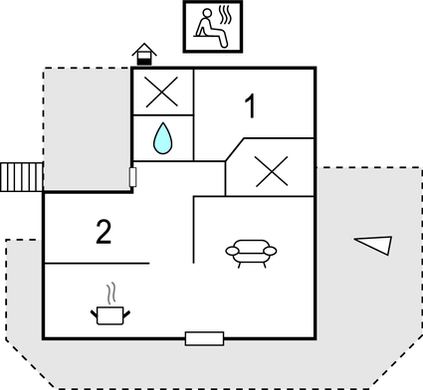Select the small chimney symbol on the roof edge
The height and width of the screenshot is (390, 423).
click(x=145, y=52)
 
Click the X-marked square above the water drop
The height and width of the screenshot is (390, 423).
click(x=162, y=93)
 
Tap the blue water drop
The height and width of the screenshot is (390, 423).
click(x=162, y=137)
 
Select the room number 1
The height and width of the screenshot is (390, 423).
click(x=253, y=104)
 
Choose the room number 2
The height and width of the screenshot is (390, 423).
click(x=104, y=233)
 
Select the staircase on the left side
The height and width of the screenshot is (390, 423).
click(x=21, y=177)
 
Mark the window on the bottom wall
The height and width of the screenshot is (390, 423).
click(x=204, y=338)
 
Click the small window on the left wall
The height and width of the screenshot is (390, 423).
click(x=133, y=176)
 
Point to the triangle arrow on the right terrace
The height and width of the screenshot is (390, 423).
click(x=374, y=243)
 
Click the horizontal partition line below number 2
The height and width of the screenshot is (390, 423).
click(x=97, y=264)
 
